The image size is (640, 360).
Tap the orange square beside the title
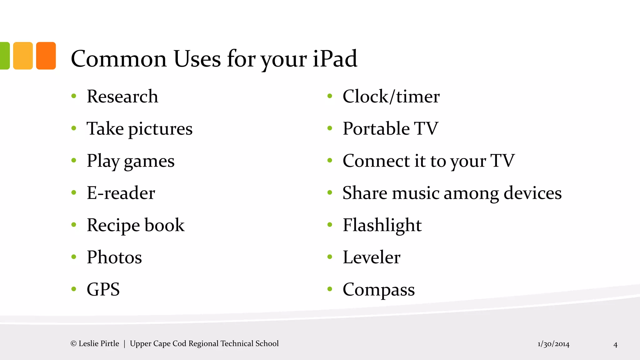(46, 56)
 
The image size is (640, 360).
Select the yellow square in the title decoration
(23, 56)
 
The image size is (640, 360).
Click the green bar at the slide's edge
(4, 56)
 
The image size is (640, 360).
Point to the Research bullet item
(122, 96)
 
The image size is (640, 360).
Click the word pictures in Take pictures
(160, 129)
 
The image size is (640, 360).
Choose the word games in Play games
(149, 161)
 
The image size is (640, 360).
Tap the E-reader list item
(121, 193)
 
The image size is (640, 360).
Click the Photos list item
(114, 257)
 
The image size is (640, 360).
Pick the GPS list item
(103, 289)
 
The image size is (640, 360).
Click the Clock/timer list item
(391, 96)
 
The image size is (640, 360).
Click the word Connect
(376, 161)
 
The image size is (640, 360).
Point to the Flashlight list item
(382, 225)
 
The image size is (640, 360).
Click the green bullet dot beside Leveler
(330, 257)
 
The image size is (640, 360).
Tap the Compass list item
(378, 290)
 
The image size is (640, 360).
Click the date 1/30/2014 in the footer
(553, 344)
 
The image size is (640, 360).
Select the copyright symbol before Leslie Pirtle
(73, 344)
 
